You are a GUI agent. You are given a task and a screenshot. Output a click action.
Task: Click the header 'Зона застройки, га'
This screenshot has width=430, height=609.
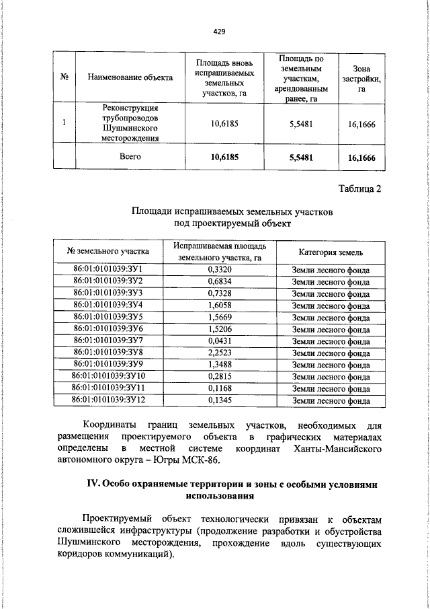point(361,78)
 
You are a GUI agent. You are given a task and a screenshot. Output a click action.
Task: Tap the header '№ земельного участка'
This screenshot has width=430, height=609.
point(108,252)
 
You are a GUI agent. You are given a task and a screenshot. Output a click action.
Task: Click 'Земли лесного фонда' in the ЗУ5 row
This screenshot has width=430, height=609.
point(331,317)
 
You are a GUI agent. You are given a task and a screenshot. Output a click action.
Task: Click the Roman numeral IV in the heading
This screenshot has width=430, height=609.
point(94,485)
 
